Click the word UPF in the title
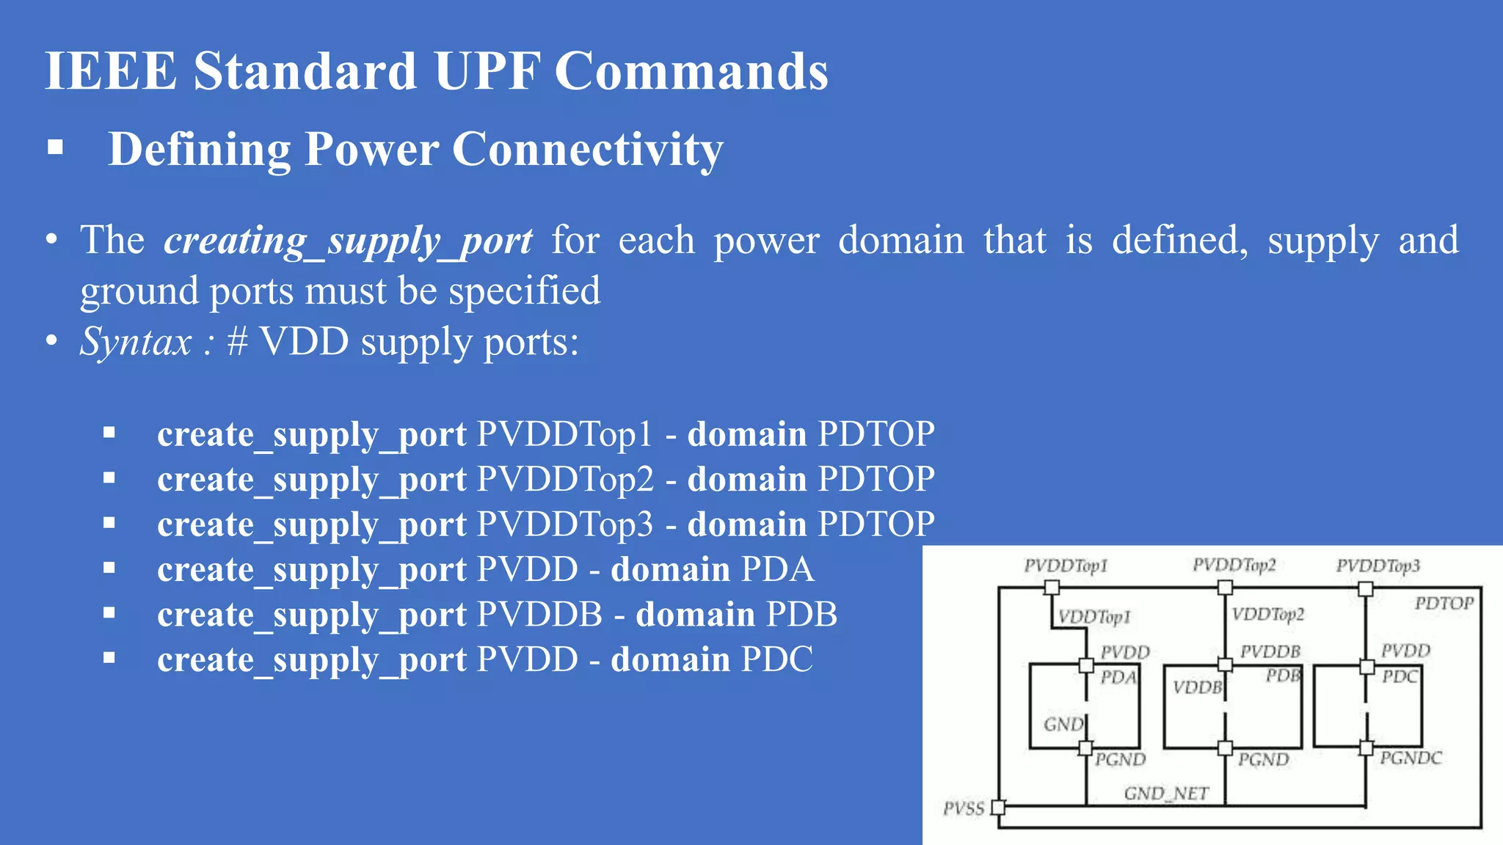[487, 71]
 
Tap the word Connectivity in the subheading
[587, 149]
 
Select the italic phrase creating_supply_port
[348, 241]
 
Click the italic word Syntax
[136, 342]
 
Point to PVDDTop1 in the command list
[564, 434]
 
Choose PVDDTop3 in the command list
[564, 524]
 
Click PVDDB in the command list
[539, 615]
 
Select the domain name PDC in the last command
[776, 659]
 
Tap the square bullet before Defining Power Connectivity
[55, 148]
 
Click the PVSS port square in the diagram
[998, 808]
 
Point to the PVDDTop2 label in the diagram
[1234, 565]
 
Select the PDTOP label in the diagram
[1444, 603]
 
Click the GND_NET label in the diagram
[1165, 793]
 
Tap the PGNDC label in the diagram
[1411, 758]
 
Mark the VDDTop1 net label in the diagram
[1093, 616]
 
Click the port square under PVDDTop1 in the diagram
[1052, 588]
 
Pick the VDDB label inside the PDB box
[1197, 687]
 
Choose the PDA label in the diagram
[1118, 677]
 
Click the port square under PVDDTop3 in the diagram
[1365, 588]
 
